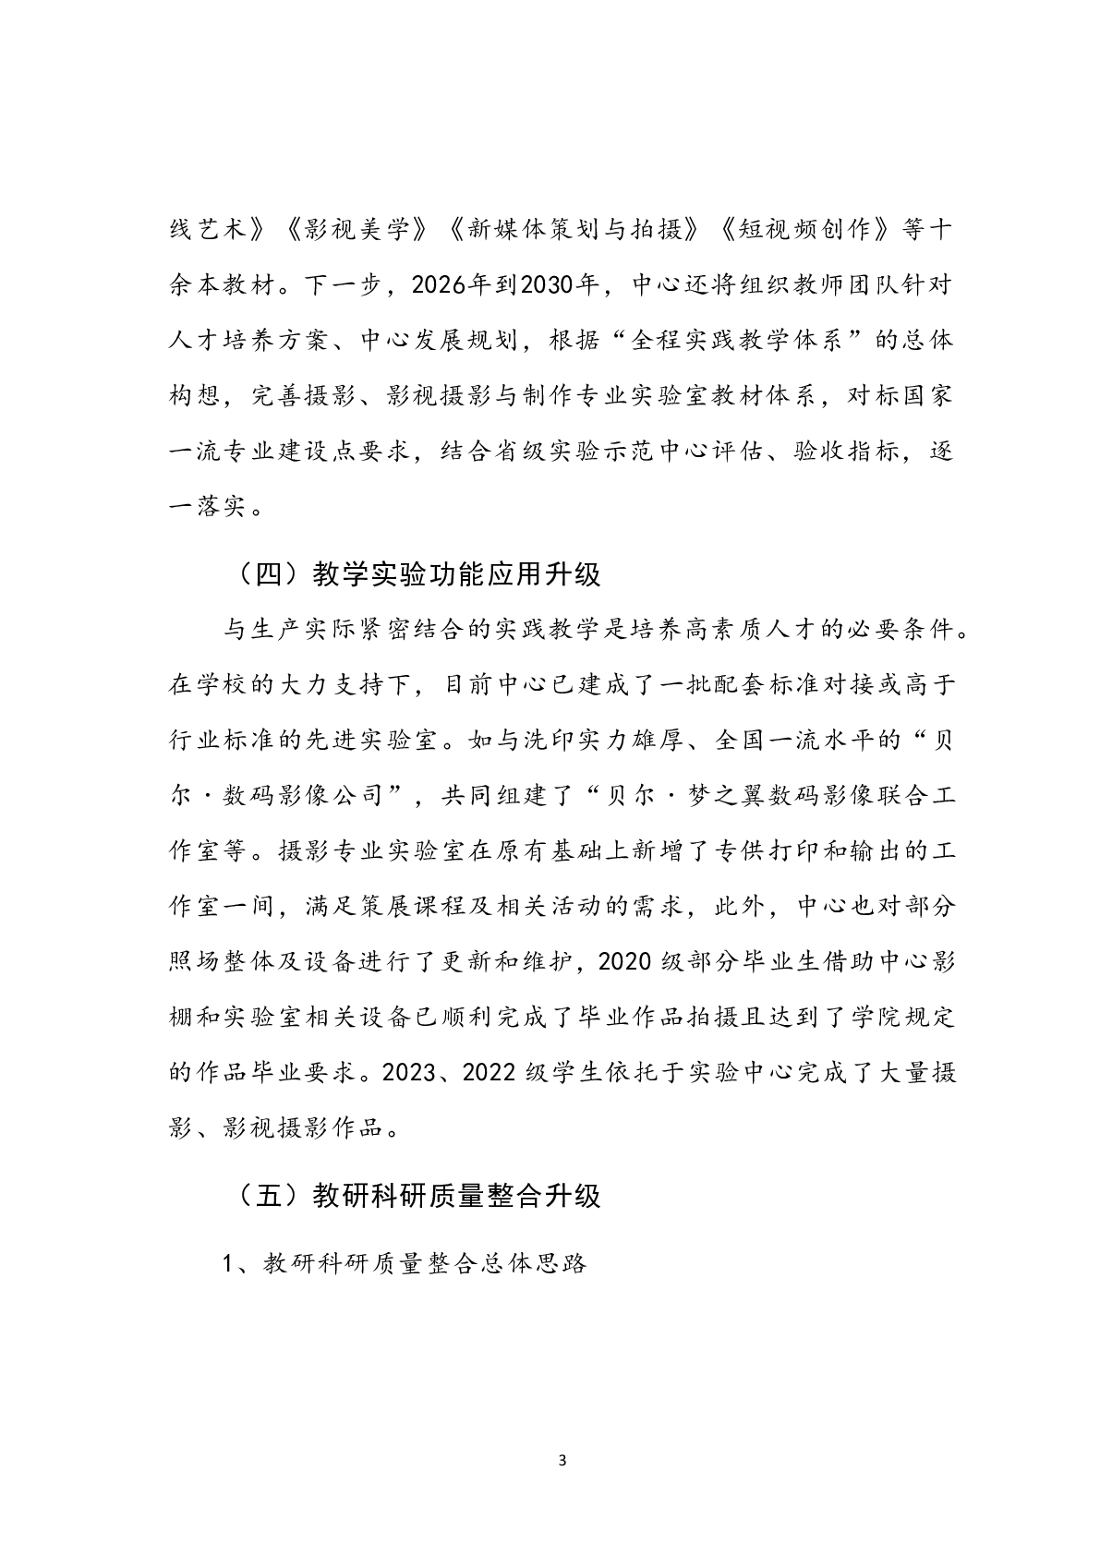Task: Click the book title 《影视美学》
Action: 352,230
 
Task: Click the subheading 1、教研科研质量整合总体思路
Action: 405,1264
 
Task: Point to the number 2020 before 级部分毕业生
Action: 626,961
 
